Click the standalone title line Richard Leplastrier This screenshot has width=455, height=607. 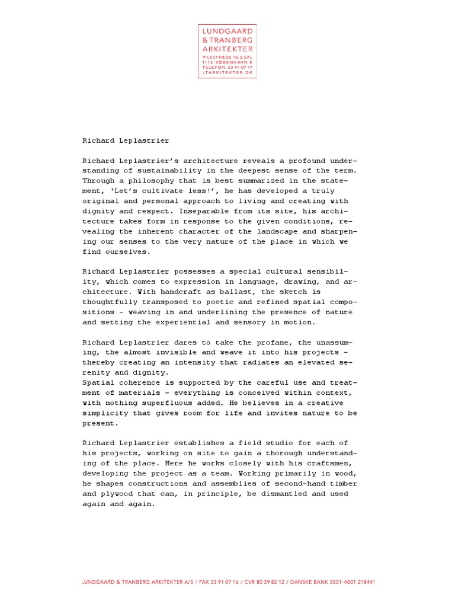126,140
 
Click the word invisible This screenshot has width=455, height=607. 198,352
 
